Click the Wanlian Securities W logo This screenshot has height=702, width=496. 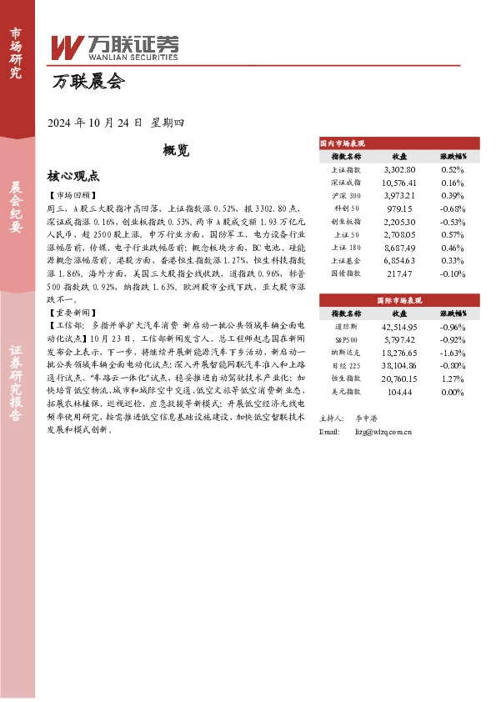(x=66, y=47)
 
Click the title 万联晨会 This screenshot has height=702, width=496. (x=87, y=83)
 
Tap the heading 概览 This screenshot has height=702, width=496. (x=176, y=151)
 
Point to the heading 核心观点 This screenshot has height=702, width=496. (x=73, y=177)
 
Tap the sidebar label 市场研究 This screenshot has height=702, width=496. (x=15, y=53)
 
